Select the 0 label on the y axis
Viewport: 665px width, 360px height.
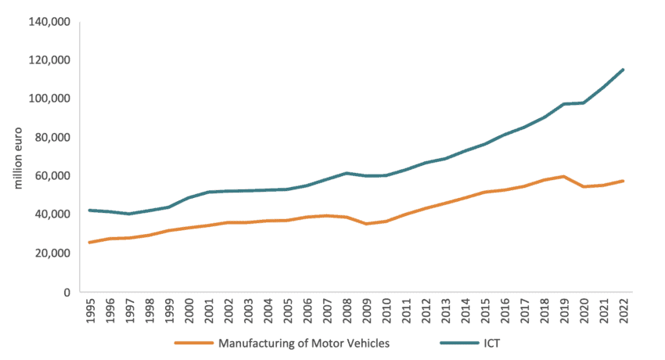pyautogui.click(x=66, y=292)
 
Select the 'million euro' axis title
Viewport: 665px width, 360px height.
pyautogui.click(x=21, y=157)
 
